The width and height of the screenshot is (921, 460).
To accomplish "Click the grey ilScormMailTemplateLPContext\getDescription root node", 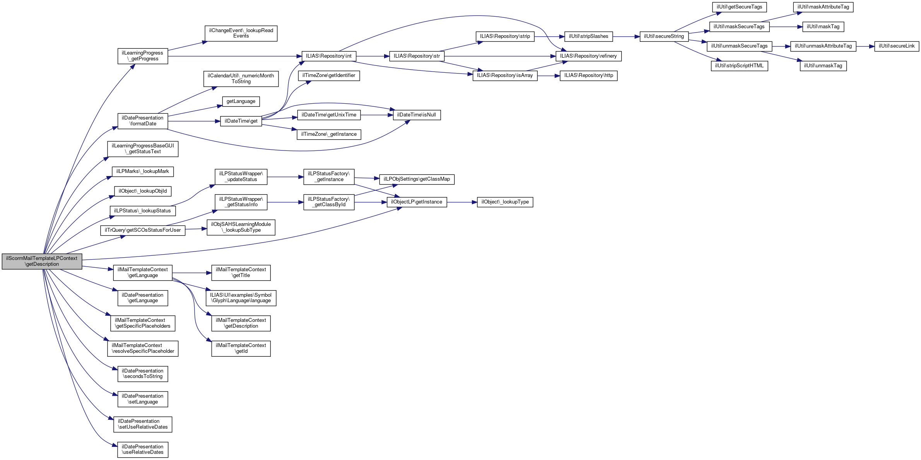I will click(x=42, y=262).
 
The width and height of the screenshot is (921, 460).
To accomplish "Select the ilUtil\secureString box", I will click(x=664, y=36).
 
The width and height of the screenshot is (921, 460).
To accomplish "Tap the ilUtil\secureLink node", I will click(x=896, y=46).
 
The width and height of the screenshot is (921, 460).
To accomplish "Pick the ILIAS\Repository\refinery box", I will click(x=588, y=56).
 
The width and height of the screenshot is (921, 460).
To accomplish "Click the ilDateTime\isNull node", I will click(x=417, y=115).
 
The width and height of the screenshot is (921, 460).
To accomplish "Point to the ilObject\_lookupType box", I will click(x=505, y=202).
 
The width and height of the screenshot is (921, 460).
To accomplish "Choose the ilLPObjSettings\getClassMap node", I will click(x=417, y=180).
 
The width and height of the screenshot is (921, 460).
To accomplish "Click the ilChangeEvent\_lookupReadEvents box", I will click(x=241, y=33).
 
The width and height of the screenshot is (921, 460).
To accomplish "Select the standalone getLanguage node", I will click(x=241, y=101).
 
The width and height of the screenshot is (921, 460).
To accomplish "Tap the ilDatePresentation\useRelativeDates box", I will click(x=143, y=450).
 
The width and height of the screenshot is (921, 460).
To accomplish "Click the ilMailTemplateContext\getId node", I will click(x=241, y=348).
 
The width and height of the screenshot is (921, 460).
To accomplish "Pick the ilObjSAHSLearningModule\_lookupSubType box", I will click(x=241, y=227).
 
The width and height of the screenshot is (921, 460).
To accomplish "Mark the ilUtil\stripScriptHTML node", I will click(x=739, y=66).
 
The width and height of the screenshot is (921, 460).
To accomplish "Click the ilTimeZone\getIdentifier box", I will click(x=328, y=75).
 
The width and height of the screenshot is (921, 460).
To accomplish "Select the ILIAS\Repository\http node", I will click(x=588, y=75).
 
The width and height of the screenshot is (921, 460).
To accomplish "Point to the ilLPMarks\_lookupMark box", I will click(x=142, y=171).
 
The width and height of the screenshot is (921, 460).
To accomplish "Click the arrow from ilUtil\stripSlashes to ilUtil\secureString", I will click(x=626, y=36).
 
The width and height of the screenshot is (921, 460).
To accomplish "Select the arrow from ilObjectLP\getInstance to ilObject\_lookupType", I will click(x=462, y=202).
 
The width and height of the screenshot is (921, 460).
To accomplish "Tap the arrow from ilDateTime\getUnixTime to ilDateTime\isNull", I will click(x=377, y=115).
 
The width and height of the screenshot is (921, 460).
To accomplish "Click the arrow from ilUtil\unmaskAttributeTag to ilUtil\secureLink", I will click(x=865, y=46).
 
